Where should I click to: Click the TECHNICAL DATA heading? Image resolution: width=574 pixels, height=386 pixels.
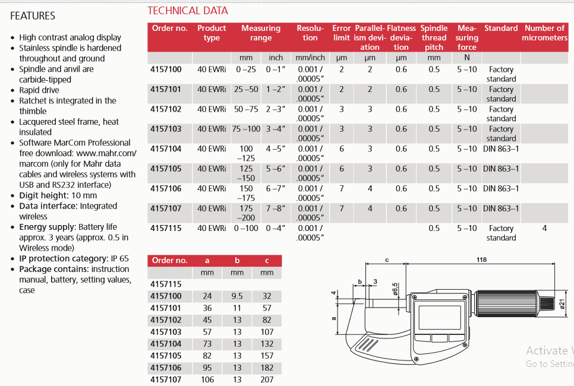pyautogui.click(x=188, y=11)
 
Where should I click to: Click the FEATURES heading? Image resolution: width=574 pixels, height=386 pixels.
pyautogui.click(x=33, y=16)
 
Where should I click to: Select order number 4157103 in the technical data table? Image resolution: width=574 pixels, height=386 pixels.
pyautogui.click(x=166, y=129)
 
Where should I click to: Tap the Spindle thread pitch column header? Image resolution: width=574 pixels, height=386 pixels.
pyautogui.click(x=434, y=37)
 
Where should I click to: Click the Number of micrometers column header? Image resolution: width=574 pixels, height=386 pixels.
pyautogui.click(x=544, y=33)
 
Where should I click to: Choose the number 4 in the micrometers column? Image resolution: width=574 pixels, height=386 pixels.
pyautogui.click(x=544, y=228)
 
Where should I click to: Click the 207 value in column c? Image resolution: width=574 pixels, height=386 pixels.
pyautogui.click(x=267, y=379)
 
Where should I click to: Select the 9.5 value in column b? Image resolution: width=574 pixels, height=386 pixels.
pyautogui.click(x=237, y=296)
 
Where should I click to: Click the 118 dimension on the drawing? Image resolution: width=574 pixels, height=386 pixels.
pyautogui.click(x=481, y=260)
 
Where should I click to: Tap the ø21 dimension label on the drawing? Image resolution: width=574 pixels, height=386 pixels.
pyautogui.click(x=562, y=304)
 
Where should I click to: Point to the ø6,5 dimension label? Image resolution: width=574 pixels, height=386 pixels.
pyautogui.click(x=395, y=289)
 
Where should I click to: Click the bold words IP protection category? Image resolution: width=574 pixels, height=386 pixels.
pyautogui.click(x=56, y=259)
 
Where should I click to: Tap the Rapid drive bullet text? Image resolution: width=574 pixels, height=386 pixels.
pyautogui.click(x=39, y=90)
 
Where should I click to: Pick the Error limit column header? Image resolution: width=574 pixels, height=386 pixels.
pyautogui.click(x=342, y=33)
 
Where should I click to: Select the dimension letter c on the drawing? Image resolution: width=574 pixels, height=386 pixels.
pyautogui.click(x=387, y=260)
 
